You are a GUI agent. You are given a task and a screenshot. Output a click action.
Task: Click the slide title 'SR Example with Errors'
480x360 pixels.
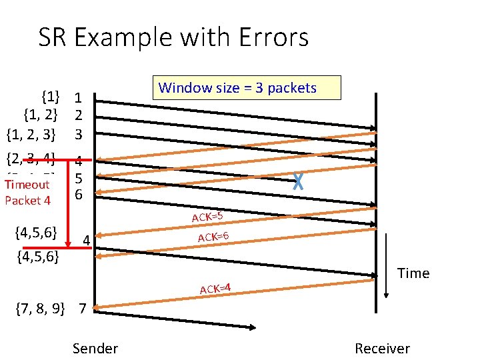[173, 37]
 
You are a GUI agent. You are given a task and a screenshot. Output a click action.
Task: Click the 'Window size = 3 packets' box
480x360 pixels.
[247, 88]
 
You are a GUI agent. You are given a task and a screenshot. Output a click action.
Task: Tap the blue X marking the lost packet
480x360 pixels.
[298, 181]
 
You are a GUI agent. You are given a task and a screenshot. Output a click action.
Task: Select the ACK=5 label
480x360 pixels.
[207, 216]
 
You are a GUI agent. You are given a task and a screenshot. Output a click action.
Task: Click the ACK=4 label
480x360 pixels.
[215, 289]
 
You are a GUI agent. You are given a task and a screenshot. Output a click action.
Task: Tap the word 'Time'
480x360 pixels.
[413, 273]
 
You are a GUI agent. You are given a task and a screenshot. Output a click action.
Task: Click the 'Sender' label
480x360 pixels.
[95, 348]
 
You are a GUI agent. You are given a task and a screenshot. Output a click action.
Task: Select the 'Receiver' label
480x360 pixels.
[382, 348]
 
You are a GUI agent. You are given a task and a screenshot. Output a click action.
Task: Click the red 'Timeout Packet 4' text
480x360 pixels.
[27, 192]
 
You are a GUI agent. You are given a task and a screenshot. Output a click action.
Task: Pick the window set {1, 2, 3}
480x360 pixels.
[31, 135]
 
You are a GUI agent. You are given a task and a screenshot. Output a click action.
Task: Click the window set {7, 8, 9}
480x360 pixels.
[40, 309]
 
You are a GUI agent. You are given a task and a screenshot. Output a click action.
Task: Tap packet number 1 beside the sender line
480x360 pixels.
[79, 99]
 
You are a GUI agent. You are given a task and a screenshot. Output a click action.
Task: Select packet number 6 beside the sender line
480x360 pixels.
[79, 195]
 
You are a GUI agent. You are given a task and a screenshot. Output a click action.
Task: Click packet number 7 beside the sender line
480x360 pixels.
[82, 309]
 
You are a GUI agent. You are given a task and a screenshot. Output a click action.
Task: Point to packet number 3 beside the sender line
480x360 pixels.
[79, 135]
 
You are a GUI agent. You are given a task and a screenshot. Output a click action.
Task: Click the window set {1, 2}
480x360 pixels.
[40, 117]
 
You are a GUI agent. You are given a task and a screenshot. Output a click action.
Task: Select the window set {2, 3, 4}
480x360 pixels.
[31, 159]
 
